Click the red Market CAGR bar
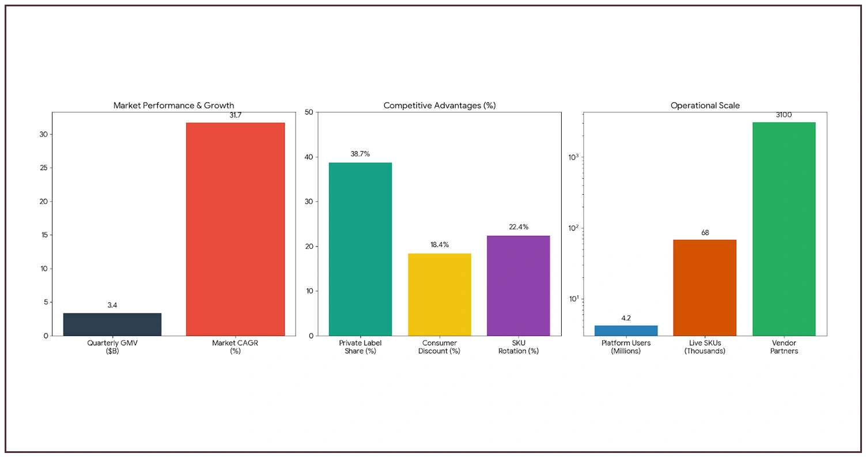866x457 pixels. (x=235, y=229)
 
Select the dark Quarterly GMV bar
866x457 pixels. (x=112, y=324)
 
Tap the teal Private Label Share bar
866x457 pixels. (x=360, y=249)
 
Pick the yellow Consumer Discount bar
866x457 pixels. (x=439, y=294)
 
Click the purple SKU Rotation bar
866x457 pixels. (x=518, y=285)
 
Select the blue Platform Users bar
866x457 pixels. (x=626, y=330)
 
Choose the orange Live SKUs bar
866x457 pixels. (x=705, y=288)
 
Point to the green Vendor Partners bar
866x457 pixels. (x=784, y=229)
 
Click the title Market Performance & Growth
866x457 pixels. (x=173, y=105)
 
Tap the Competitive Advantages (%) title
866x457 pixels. (x=439, y=105)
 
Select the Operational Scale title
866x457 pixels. (x=705, y=105)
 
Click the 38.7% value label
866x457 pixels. (x=360, y=154)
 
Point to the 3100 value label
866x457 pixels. (x=784, y=115)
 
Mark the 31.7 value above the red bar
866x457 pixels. (x=235, y=115)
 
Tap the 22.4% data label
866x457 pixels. (x=518, y=227)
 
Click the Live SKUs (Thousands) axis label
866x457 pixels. (x=705, y=347)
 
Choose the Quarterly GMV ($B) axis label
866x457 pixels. (x=112, y=347)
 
